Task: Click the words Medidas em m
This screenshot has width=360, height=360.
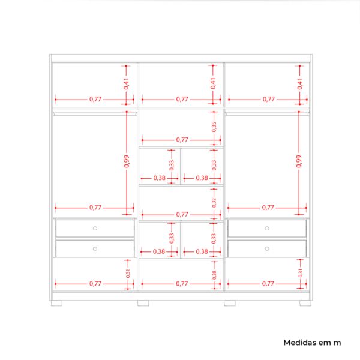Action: pyautogui.click(x=312, y=343)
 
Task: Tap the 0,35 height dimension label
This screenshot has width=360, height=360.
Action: pyautogui.click(x=214, y=127)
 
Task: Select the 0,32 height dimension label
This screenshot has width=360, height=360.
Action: pyautogui.click(x=214, y=203)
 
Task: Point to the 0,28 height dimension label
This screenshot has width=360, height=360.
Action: pyautogui.click(x=214, y=275)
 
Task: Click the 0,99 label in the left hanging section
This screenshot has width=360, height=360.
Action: pyautogui.click(x=126, y=161)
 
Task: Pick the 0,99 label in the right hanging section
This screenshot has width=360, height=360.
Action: pyautogui.click(x=298, y=161)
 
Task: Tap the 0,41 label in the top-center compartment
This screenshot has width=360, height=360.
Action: pyautogui.click(x=213, y=83)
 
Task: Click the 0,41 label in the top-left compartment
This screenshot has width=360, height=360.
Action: pyautogui.click(x=126, y=83)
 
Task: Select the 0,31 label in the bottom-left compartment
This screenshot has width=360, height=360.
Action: pyautogui.click(x=128, y=273)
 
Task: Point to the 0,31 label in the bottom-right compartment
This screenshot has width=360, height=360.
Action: pyautogui.click(x=300, y=273)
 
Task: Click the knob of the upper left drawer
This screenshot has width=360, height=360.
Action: pyautogui.click(x=95, y=228)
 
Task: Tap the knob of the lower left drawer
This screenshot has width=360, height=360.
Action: pyautogui.click(x=95, y=248)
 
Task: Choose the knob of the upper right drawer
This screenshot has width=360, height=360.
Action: pyautogui.click(x=267, y=228)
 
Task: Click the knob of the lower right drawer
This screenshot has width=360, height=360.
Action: pyautogui.click(x=267, y=248)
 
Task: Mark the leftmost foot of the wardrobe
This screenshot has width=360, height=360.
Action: pyautogui.click(x=56, y=303)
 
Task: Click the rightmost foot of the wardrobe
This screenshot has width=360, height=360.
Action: pyautogui.click(x=305, y=303)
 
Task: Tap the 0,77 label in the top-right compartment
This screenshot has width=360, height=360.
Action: pyautogui.click(x=269, y=99)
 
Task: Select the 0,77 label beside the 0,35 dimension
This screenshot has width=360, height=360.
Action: pyautogui.click(x=182, y=140)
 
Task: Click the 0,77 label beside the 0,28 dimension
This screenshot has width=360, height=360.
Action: pyautogui.click(x=182, y=284)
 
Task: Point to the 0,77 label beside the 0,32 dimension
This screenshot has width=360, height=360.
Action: pyautogui.click(x=182, y=214)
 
